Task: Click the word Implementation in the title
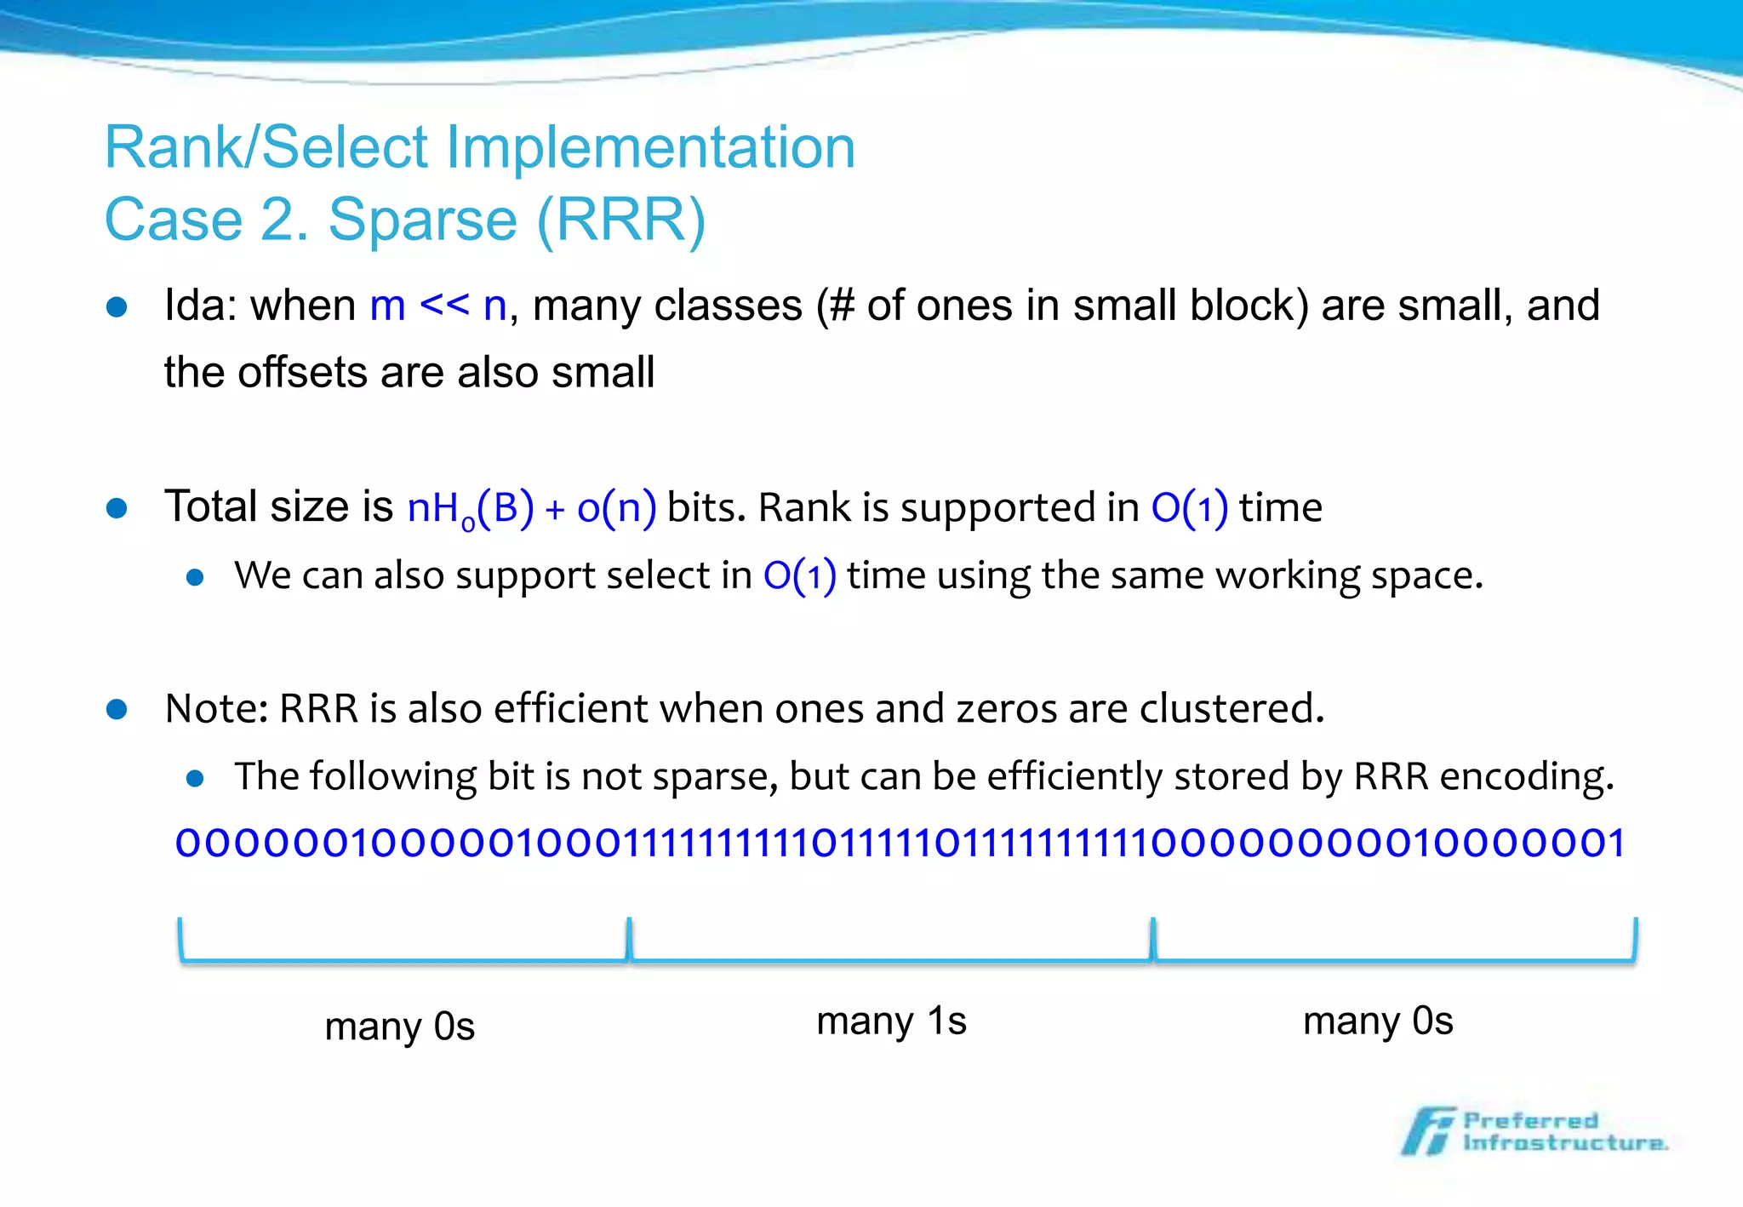[x=650, y=149]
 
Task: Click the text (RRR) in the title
[x=621, y=220]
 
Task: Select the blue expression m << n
[x=438, y=306]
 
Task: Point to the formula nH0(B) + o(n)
[x=531, y=508]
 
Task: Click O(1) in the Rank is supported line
[x=1189, y=508]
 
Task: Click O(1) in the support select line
[x=799, y=576]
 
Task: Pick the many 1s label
[x=891, y=1021]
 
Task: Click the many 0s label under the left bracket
[x=399, y=1027]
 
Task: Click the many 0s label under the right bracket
[x=1377, y=1021]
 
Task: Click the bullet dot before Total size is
[x=117, y=509]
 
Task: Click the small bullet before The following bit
[x=195, y=778]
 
